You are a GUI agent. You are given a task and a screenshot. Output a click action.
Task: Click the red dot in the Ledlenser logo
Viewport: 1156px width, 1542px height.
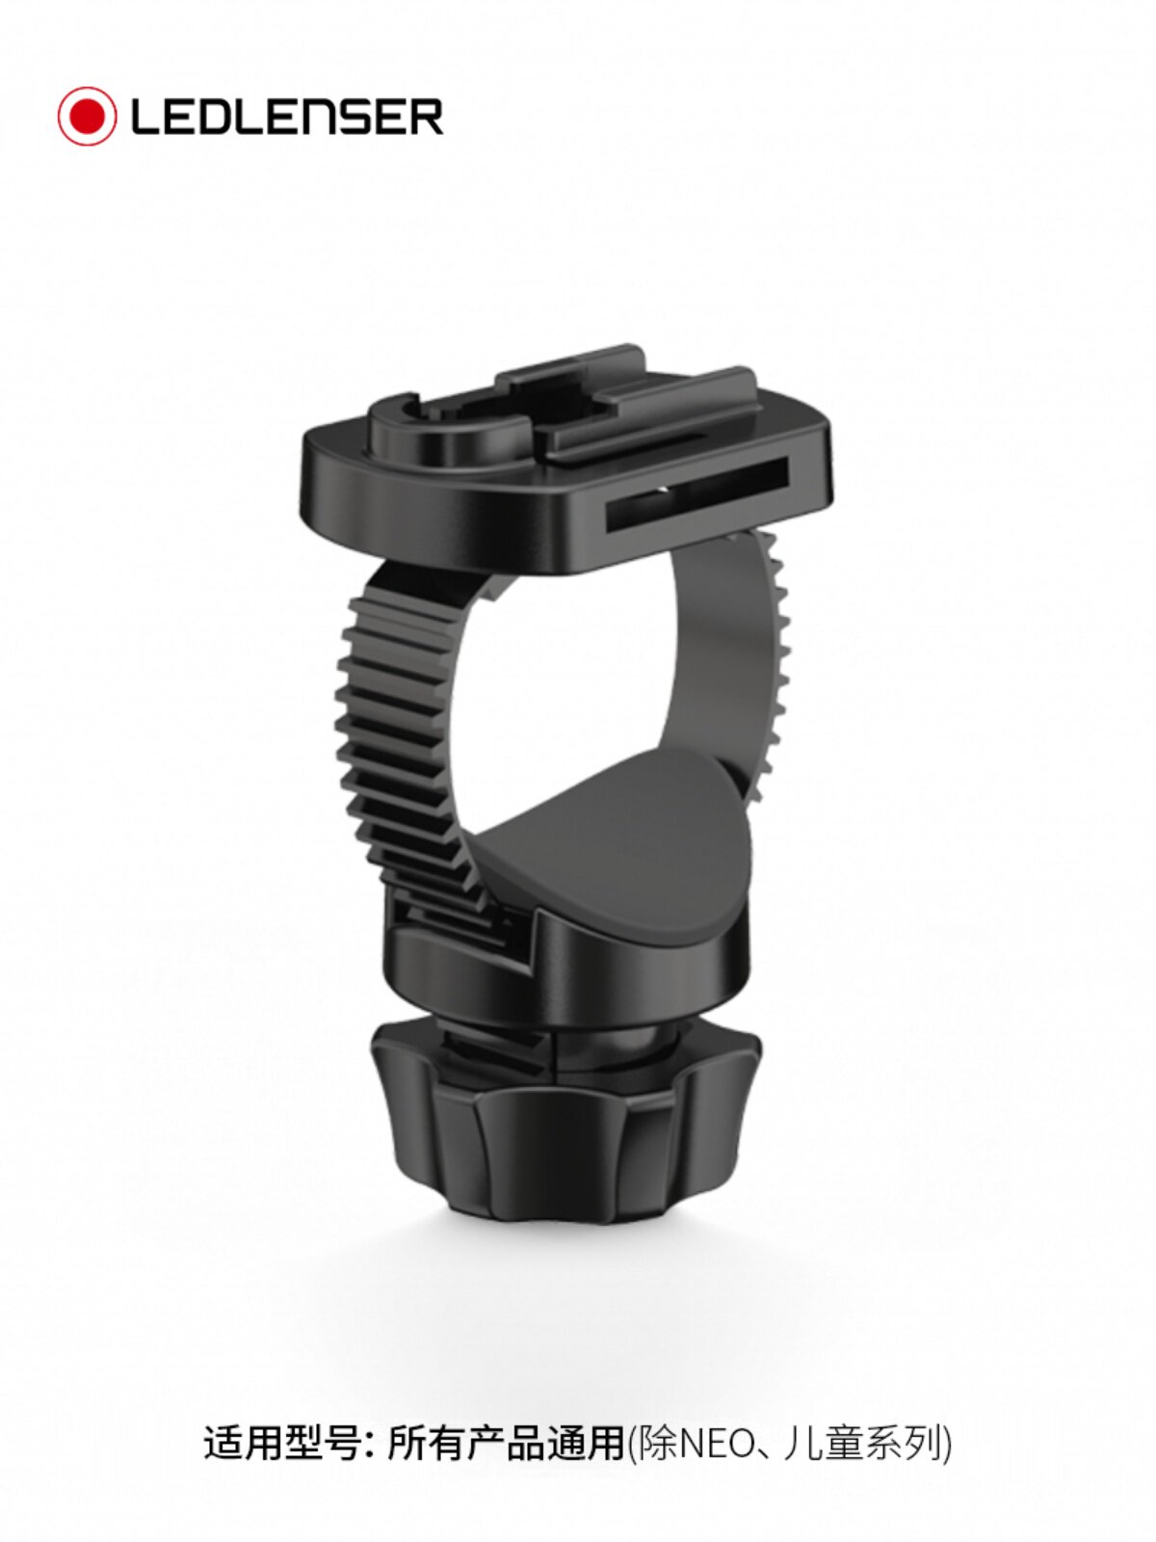87,117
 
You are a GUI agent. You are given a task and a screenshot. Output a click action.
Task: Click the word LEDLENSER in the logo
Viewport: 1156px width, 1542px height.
287,117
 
